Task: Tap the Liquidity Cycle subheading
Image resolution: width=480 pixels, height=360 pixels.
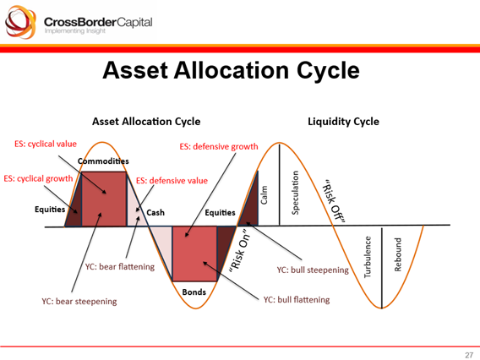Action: (x=343, y=121)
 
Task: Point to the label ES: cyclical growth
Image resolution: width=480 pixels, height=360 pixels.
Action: (x=38, y=179)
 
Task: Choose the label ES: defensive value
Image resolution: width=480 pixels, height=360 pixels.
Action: (x=172, y=181)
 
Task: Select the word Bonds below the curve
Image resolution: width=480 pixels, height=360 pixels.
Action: (x=195, y=292)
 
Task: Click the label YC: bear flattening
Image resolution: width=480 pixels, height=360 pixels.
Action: (x=120, y=267)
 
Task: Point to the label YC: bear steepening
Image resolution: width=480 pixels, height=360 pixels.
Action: (x=79, y=301)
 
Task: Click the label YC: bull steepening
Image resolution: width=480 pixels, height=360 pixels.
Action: (x=313, y=270)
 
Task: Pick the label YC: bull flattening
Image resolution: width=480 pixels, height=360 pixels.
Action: (x=297, y=299)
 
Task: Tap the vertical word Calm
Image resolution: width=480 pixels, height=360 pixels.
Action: (x=265, y=194)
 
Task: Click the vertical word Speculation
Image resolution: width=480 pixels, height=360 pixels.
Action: (x=296, y=193)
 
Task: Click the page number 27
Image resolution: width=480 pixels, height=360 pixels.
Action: (x=468, y=353)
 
